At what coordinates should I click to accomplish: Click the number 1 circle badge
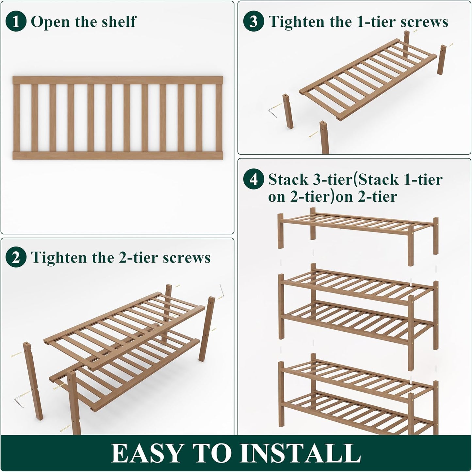(16, 22)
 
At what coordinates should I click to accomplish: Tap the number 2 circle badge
(16, 258)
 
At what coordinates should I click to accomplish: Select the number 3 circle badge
(253, 22)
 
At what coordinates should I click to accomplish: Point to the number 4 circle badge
(253, 180)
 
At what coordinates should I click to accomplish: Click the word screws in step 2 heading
(187, 258)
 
